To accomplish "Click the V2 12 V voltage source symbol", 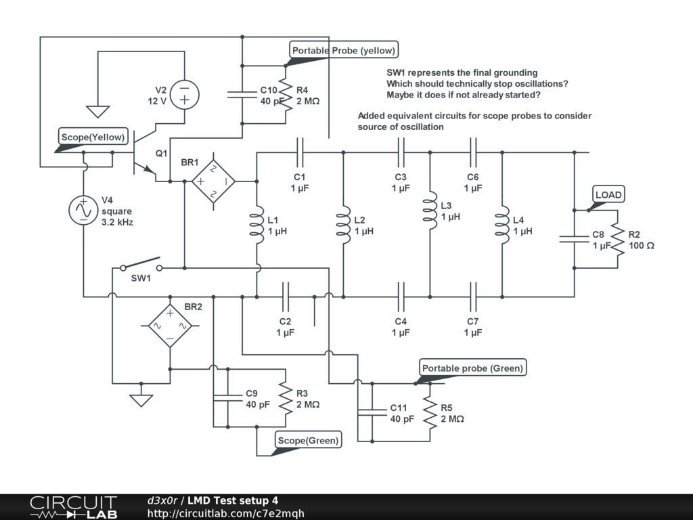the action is [x=184, y=95].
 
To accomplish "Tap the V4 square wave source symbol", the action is [x=83, y=210].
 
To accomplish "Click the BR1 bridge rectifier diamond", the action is [x=213, y=181].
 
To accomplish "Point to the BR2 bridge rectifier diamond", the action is [x=170, y=326].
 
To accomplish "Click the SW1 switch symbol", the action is [x=141, y=264].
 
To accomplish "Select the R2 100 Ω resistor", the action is [x=618, y=239].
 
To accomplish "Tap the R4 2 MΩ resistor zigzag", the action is [x=286, y=95].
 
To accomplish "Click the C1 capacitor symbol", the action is [x=300, y=152].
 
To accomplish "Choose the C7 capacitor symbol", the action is [x=473, y=297].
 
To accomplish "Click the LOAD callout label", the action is [x=608, y=194].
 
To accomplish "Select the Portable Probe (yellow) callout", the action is [x=343, y=50].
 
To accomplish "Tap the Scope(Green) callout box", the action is [x=308, y=440].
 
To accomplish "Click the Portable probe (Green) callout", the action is [x=472, y=368].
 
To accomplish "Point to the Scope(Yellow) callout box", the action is [x=93, y=137].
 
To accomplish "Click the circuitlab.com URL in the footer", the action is [x=225, y=513].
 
